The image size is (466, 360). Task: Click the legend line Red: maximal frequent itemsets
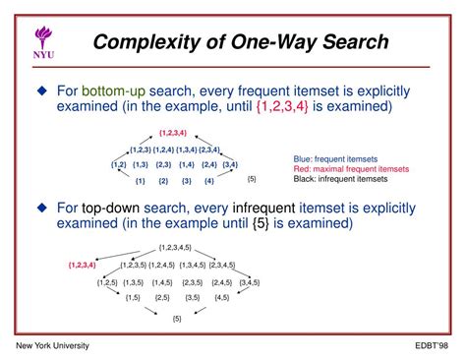(x=352, y=168)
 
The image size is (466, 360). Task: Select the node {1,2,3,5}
(x=138, y=265)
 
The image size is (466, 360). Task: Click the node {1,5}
(x=133, y=297)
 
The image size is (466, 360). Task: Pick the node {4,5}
(x=222, y=297)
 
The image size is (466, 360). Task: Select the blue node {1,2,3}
(x=144, y=148)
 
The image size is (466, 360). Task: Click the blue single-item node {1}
(x=141, y=181)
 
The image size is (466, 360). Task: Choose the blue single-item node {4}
(x=208, y=181)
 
